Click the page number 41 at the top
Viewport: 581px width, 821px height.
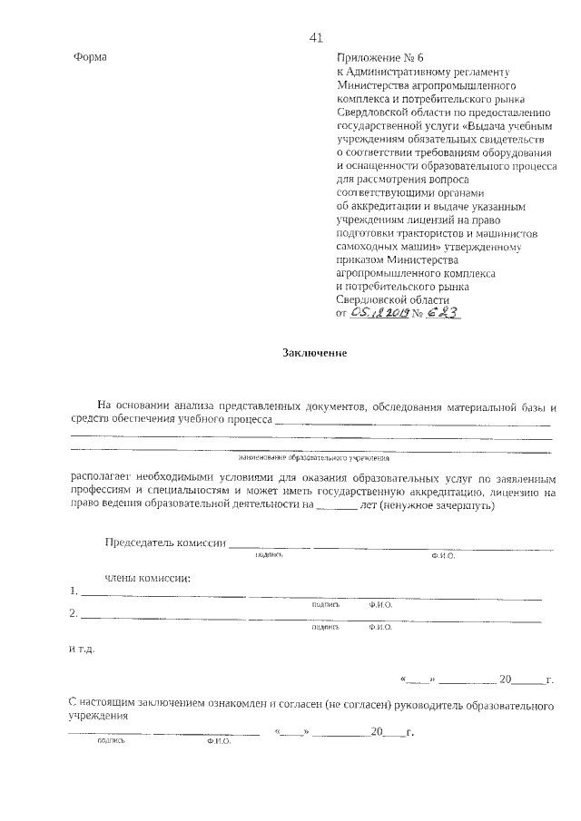point(316,37)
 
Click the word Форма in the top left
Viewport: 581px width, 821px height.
point(89,57)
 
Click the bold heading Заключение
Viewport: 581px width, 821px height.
point(315,353)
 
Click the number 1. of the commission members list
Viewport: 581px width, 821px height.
point(74,591)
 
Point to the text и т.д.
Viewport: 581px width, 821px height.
point(80,650)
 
